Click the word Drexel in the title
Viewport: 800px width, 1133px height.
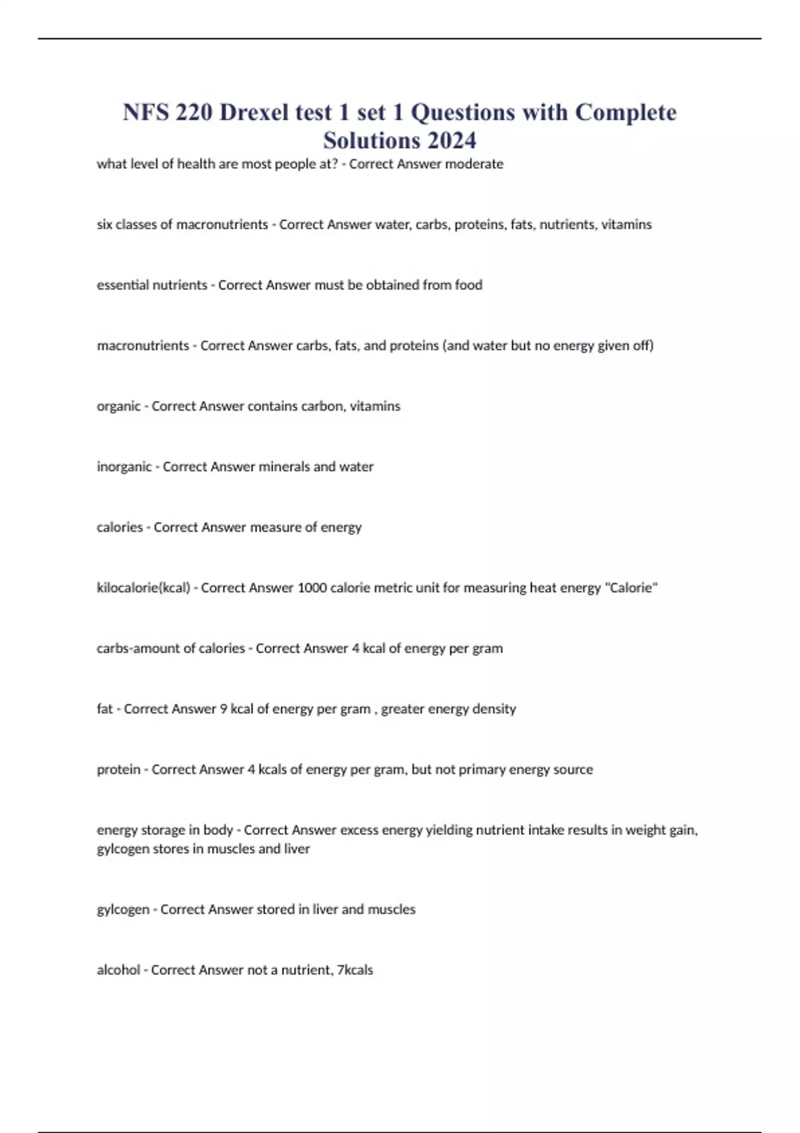coord(255,112)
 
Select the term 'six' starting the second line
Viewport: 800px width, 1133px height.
coord(105,225)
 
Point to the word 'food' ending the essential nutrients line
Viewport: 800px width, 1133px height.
coord(468,285)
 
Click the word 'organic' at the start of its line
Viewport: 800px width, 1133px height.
coord(119,407)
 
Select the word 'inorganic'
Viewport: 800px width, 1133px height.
coord(124,467)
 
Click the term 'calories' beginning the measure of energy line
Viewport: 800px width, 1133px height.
coord(120,528)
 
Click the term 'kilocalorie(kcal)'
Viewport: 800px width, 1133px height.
coord(143,588)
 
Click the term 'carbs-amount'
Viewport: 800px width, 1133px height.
coord(137,648)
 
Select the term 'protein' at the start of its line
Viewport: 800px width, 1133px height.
coord(119,770)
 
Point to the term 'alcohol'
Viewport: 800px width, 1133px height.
coord(119,970)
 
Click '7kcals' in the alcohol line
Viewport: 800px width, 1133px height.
coord(355,970)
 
